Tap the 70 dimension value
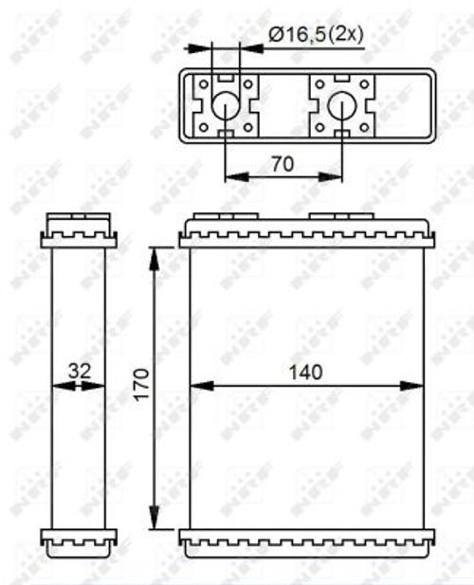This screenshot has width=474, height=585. (x=282, y=163)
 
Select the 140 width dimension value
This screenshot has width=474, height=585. (x=306, y=372)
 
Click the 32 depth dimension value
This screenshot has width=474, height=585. (x=79, y=372)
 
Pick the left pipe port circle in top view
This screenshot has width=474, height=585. (x=226, y=106)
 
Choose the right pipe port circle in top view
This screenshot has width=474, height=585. (x=341, y=106)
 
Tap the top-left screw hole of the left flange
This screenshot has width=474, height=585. (x=203, y=84)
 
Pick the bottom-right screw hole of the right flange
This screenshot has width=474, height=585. (x=364, y=126)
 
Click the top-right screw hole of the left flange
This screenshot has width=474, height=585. (x=248, y=84)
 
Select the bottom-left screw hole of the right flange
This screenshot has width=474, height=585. (x=319, y=126)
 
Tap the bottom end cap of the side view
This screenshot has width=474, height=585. (x=79, y=541)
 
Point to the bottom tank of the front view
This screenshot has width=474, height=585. (x=307, y=542)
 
